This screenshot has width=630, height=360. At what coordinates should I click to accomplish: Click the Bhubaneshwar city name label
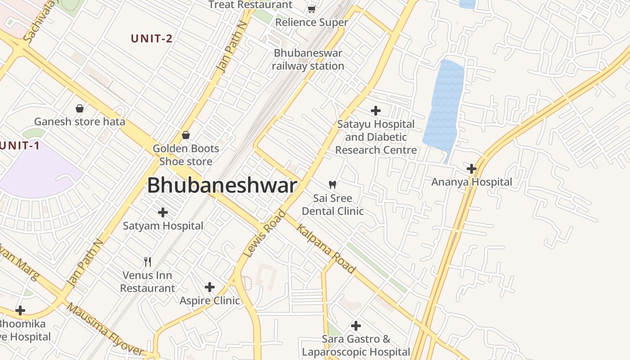click(x=222, y=185)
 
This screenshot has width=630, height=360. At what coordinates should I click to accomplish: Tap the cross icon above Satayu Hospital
click(x=375, y=110)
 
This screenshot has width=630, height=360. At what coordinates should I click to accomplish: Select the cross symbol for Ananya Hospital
click(x=471, y=169)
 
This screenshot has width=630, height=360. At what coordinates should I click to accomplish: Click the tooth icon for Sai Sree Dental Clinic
click(x=333, y=184)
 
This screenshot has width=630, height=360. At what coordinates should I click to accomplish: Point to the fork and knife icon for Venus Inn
click(x=147, y=261)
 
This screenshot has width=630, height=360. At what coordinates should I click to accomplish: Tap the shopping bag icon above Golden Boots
click(x=185, y=135)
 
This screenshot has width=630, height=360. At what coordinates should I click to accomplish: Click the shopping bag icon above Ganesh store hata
click(x=80, y=108)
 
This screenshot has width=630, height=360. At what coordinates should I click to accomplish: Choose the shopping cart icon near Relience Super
click(x=311, y=9)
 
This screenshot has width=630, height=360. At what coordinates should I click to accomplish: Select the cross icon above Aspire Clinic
click(x=209, y=287)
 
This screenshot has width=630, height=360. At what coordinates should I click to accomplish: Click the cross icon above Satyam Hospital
click(x=163, y=212)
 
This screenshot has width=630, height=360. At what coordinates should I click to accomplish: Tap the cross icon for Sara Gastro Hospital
click(x=355, y=325)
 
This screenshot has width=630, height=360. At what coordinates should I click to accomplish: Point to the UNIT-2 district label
click(x=152, y=39)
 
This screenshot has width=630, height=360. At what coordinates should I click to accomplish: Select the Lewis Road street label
click(x=264, y=234)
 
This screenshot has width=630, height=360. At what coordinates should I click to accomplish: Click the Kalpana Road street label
click(x=326, y=248)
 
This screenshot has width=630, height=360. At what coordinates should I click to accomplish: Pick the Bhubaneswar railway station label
click(x=308, y=59)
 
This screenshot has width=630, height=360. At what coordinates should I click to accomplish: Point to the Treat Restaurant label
click(x=250, y=5)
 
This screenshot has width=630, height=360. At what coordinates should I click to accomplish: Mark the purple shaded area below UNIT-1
click(x=36, y=173)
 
